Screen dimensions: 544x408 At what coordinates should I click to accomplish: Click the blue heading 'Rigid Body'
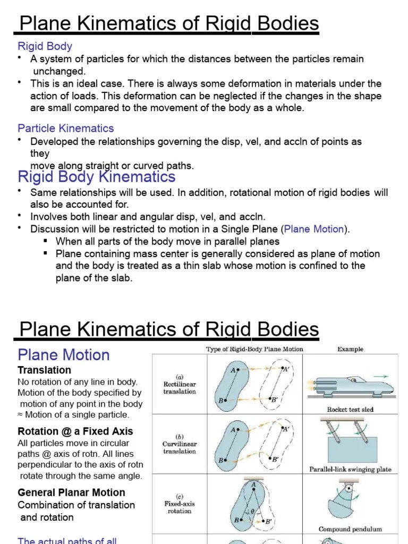tap(45, 46)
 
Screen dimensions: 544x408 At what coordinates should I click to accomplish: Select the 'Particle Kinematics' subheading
tap(66, 128)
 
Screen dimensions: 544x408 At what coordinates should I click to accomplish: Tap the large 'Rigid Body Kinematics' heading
tap(97, 176)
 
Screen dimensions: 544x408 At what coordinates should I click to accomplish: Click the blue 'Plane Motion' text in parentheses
tap(314, 229)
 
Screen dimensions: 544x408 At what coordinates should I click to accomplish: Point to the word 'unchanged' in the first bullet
tap(59, 71)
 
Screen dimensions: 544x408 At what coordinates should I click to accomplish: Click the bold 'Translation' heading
tap(45, 370)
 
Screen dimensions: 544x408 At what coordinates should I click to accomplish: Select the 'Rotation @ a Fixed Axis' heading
tap(75, 431)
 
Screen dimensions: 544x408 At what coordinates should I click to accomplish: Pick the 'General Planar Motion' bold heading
tap(72, 492)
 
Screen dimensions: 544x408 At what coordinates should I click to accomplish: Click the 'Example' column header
tap(351, 349)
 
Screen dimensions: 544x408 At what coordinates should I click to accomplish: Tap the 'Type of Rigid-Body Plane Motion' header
tap(254, 349)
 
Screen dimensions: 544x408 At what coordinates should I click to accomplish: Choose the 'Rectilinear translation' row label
tap(180, 387)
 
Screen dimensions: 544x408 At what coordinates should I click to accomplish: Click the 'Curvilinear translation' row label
tap(180, 447)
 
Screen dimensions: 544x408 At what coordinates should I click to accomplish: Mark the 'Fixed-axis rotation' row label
tap(180, 507)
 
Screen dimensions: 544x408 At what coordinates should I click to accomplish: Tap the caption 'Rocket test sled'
tap(350, 410)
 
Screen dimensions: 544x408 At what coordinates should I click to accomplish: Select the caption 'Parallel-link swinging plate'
tap(350, 469)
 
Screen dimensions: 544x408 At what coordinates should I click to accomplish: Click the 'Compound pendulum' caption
tap(350, 529)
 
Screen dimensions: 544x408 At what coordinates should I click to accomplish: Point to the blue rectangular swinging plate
tap(353, 449)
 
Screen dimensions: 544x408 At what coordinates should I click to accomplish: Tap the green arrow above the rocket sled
tap(380, 376)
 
